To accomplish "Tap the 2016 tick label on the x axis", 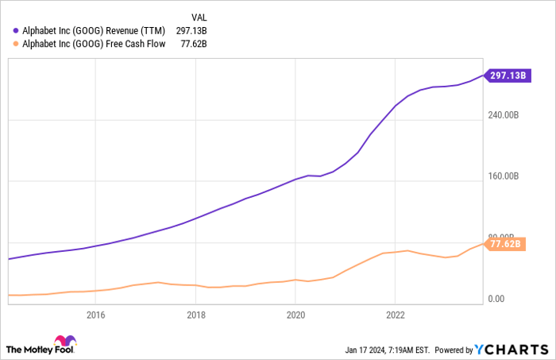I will click(95, 315).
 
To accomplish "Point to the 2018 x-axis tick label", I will click(195, 315).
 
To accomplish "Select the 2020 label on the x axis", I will click(295, 315).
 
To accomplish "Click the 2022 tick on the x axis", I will click(395, 315).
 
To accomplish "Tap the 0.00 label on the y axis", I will click(497, 300).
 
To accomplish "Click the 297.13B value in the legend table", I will click(191, 30).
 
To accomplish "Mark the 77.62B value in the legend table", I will click(191, 45).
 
